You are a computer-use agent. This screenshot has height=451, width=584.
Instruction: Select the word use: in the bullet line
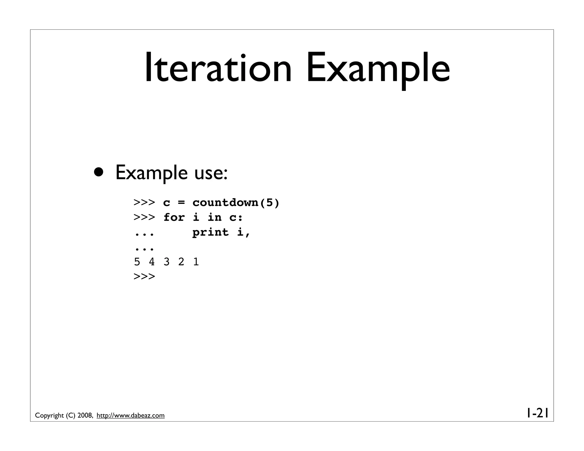tap(211, 173)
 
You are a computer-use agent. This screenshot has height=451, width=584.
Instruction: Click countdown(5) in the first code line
tap(236, 203)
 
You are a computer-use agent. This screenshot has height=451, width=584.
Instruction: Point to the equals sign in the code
tap(181, 203)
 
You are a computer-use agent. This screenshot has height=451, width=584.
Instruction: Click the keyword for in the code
tap(174, 218)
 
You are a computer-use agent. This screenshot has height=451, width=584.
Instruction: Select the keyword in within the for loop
tap(214, 218)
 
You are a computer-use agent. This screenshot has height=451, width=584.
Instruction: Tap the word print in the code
tap(210, 232)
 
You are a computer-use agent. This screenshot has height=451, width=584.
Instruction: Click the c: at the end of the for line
tap(236, 218)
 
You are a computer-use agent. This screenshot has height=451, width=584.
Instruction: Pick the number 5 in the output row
tap(137, 262)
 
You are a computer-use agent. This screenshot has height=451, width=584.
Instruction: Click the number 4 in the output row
tap(152, 262)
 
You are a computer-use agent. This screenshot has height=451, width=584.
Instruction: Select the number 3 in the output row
tap(167, 262)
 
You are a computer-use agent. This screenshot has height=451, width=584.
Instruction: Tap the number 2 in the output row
tap(181, 262)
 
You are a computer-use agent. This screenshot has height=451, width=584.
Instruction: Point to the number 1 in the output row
tap(196, 262)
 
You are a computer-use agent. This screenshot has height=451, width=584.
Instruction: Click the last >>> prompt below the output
tap(144, 277)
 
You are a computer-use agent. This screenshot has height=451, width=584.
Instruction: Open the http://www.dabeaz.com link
tap(131, 416)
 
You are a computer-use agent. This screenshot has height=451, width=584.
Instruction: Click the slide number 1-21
tap(537, 413)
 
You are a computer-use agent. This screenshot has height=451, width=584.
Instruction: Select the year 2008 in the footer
tap(85, 416)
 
